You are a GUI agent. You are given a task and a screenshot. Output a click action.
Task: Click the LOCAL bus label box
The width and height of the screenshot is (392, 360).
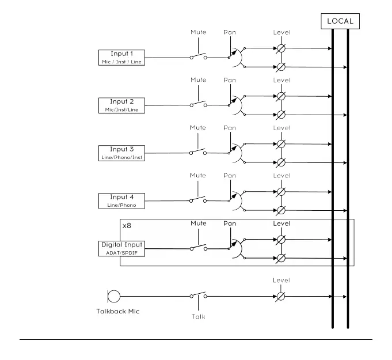340,22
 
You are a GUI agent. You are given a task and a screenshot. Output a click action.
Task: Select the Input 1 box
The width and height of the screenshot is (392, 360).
121,57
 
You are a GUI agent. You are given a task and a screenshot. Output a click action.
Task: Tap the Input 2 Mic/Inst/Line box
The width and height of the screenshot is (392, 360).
121,105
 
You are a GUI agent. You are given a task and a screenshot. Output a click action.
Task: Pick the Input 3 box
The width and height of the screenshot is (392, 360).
121,153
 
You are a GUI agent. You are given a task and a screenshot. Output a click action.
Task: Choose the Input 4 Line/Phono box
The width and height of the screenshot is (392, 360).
121,200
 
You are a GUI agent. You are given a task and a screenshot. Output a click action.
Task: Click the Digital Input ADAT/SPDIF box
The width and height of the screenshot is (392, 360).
121,248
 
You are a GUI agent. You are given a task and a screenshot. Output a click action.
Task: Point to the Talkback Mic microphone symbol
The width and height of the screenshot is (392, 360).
114,296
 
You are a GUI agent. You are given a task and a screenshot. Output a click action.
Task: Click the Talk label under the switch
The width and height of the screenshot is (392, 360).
198,316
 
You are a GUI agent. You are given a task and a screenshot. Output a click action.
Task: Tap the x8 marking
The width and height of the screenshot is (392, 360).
127,226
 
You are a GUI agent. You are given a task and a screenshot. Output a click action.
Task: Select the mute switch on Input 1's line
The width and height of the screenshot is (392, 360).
198,56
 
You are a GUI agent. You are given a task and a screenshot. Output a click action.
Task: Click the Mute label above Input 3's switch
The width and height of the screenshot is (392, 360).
198,128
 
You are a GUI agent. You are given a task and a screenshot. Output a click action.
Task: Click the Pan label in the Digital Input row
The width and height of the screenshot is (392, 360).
230,223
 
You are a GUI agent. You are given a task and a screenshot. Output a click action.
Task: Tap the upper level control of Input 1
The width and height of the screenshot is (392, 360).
281,48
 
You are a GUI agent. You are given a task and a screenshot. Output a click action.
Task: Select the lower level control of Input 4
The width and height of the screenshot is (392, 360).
281,210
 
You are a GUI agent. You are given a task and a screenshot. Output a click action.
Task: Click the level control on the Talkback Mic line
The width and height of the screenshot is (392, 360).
281,296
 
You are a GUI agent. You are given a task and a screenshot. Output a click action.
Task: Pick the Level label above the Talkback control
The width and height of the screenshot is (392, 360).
281,281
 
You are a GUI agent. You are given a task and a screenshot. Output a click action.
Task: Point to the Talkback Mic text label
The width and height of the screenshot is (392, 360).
117,312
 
